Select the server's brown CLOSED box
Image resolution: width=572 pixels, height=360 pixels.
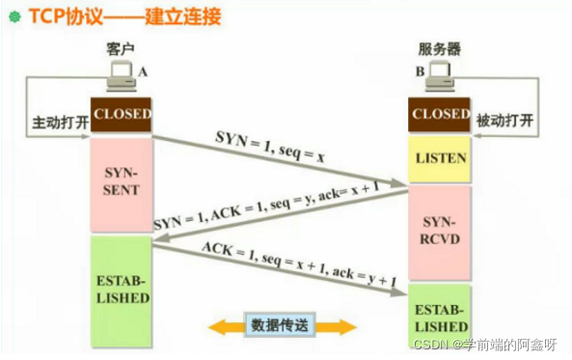click(x=439, y=114)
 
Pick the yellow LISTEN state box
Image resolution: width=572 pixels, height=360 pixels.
click(x=439, y=156)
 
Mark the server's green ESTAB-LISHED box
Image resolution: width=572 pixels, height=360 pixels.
click(x=439, y=317)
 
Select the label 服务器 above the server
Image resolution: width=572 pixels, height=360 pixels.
click(x=437, y=47)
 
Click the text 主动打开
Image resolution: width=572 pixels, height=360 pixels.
click(x=59, y=124)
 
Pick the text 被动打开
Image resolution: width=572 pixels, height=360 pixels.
click(x=502, y=124)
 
